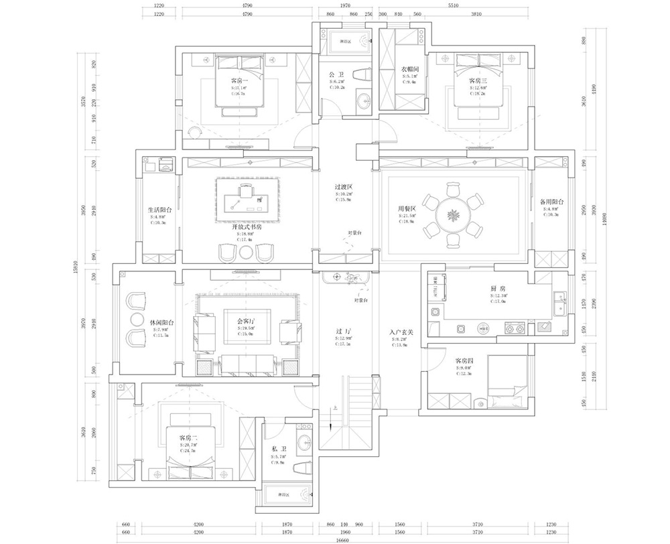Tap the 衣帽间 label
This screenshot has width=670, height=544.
point(410,69)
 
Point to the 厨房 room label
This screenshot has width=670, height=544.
point(498,288)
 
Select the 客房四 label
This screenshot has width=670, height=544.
point(464,362)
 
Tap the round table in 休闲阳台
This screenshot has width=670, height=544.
point(138,320)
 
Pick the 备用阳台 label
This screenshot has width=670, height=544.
point(551,201)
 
